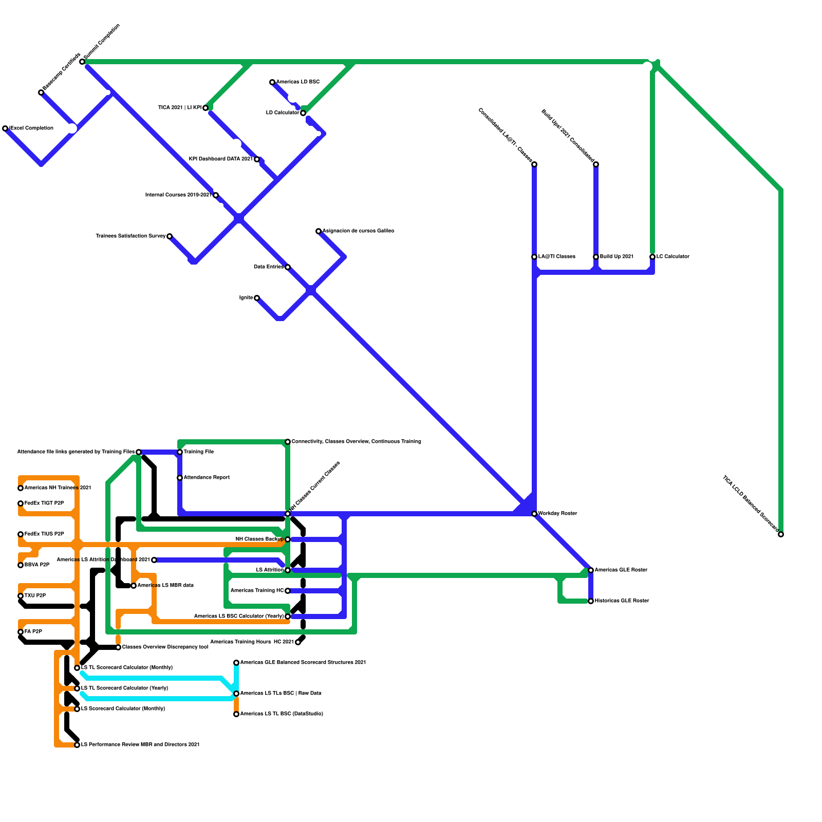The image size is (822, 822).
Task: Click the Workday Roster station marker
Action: tap(534, 514)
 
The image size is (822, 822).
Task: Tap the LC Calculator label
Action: tap(672, 257)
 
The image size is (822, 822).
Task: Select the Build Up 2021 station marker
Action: tap(596, 257)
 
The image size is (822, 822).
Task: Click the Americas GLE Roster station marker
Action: tap(591, 570)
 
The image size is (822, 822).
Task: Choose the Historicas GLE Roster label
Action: tap(622, 601)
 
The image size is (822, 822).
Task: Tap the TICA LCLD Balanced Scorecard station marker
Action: tap(781, 535)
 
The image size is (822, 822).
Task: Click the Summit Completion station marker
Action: tap(82, 62)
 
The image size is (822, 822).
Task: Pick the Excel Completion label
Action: tap(31, 128)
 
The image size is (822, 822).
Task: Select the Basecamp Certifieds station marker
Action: tap(41, 92)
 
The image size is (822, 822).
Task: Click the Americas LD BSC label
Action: tap(297, 82)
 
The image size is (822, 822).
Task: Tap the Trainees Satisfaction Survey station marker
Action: tap(170, 236)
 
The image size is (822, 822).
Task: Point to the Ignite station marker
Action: tap(257, 298)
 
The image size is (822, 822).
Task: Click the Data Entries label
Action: tap(268, 267)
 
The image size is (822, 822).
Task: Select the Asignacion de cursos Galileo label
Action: tap(358, 231)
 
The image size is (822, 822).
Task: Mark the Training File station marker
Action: tap(180, 452)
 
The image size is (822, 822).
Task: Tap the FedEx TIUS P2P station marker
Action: tap(21, 534)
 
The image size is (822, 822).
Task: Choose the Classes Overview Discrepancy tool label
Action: tap(165, 647)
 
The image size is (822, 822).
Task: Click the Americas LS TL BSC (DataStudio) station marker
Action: tap(236, 714)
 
